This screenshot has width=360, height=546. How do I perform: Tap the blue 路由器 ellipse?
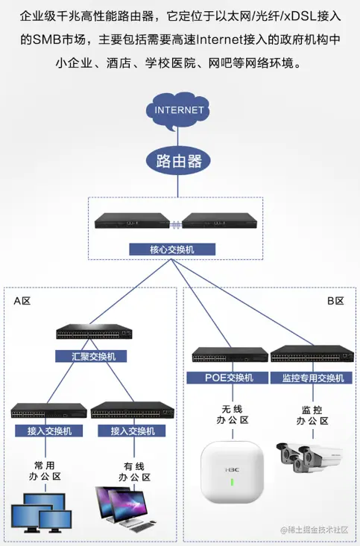coord(179,160)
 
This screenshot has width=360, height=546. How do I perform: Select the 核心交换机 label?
coord(172,250)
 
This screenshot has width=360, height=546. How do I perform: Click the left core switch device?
coord(133,221)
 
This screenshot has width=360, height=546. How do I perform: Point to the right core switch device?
coord(220,221)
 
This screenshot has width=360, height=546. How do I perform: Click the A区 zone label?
coord(22,301)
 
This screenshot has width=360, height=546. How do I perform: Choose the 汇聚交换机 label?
coord(91,356)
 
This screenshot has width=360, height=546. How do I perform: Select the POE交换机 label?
coord(229,378)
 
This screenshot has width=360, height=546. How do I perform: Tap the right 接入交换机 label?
coord(133,431)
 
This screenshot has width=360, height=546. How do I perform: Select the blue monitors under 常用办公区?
coord(42,514)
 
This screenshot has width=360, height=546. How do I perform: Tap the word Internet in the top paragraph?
coord(220,39)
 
